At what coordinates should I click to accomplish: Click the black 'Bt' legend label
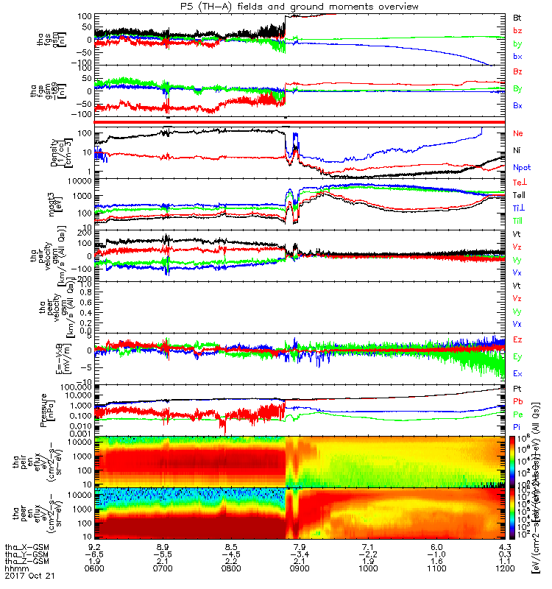(x=517, y=17)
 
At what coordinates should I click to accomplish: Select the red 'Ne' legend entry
(x=517, y=134)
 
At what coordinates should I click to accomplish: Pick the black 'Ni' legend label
(x=517, y=150)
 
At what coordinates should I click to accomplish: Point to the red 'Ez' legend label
(x=517, y=339)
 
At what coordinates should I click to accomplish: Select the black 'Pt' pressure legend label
(x=517, y=387)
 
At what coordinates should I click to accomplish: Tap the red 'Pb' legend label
(x=517, y=401)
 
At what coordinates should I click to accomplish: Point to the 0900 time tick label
(x=300, y=567)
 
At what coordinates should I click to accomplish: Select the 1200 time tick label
(x=505, y=567)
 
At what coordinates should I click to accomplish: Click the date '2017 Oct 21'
(x=26, y=574)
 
